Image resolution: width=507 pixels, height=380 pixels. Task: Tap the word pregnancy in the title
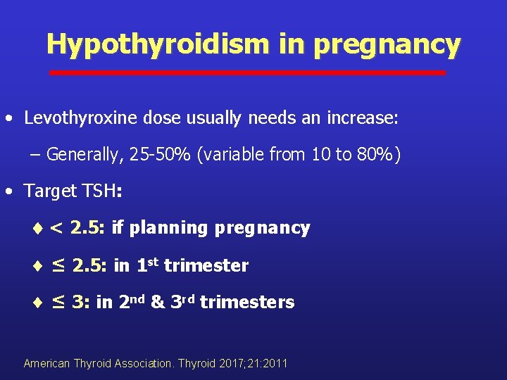(x=387, y=44)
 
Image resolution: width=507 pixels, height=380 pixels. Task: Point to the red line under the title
(x=246, y=72)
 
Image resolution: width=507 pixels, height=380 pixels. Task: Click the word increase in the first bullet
(x=364, y=118)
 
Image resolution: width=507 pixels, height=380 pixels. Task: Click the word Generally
(x=85, y=154)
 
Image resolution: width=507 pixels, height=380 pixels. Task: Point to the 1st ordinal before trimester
(x=148, y=265)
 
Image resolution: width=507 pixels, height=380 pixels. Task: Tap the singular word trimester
(x=206, y=265)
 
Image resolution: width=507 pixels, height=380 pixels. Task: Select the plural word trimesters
(x=247, y=303)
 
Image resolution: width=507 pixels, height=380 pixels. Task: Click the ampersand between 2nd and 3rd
(x=158, y=303)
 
